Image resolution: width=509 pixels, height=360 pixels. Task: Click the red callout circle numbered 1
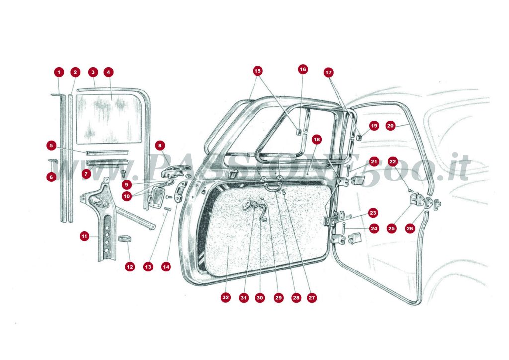tap(59, 72)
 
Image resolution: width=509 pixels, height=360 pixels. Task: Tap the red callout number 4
tap(108, 72)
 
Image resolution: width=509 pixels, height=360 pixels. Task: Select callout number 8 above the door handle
tap(160, 146)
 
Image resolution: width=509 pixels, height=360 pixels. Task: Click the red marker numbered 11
tap(84, 236)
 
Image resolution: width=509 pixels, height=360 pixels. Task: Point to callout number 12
tap(130, 267)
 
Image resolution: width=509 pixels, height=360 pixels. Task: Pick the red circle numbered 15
tap(257, 70)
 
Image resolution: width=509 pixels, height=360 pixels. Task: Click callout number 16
tap(303, 69)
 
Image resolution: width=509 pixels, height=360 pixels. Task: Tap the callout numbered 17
tap(328, 72)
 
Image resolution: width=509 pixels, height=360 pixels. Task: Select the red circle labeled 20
tap(390, 126)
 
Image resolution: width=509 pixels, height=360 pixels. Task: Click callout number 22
tap(393, 162)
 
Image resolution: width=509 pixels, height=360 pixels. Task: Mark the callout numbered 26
tap(410, 229)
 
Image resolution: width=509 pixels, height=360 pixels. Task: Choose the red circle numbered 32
tap(226, 298)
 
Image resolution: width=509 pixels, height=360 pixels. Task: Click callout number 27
tap(312, 298)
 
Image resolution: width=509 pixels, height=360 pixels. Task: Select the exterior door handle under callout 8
tap(171, 172)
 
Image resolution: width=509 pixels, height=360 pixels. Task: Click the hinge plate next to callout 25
tap(418, 200)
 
